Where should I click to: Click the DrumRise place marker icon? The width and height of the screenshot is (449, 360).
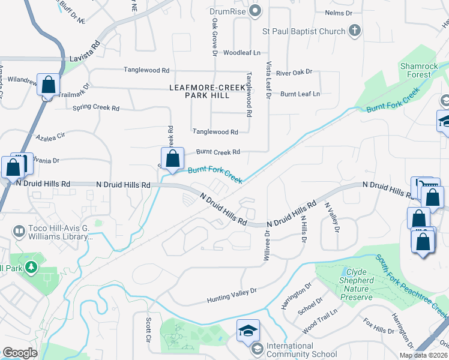click(256, 10)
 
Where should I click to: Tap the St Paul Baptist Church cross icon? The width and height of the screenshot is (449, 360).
click(355, 31)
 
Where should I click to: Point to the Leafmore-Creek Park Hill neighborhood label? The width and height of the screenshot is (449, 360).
click(208, 91)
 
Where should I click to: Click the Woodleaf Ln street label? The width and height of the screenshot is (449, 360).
click(241, 53)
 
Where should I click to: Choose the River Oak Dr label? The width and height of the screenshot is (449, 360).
click(294, 72)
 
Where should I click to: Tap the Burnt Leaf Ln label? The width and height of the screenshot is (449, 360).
click(300, 94)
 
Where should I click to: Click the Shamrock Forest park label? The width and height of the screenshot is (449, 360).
click(415, 70)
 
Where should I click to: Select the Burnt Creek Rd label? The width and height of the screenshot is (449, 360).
click(218, 152)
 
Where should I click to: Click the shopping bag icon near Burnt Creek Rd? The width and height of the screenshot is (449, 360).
click(172, 160)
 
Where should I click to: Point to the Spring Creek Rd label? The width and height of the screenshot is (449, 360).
click(96, 108)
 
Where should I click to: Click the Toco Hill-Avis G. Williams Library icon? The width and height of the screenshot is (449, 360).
click(19, 231)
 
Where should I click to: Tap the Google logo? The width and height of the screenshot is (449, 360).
click(20, 353)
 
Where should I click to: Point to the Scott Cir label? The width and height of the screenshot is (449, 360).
click(148, 331)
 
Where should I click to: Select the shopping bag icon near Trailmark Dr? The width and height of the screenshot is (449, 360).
click(48, 85)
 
